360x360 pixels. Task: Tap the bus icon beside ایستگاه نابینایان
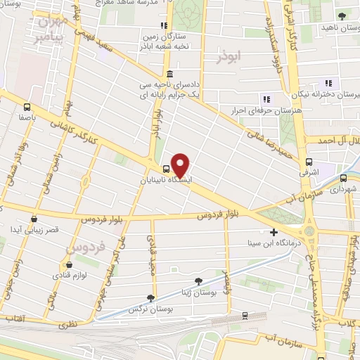point(166,169)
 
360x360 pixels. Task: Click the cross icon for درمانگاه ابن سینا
point(274,232)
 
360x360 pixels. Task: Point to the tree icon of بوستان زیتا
point(199,282)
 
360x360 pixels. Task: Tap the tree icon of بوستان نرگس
point(149,299)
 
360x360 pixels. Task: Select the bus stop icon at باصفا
point(27,108)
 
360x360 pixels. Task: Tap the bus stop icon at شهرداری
point(343,178)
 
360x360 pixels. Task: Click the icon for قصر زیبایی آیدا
point(34,219)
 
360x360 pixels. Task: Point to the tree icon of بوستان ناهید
point(342,15)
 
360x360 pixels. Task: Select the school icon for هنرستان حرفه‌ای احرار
point(266,98)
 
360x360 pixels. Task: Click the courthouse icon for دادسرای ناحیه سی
point(169,75)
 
